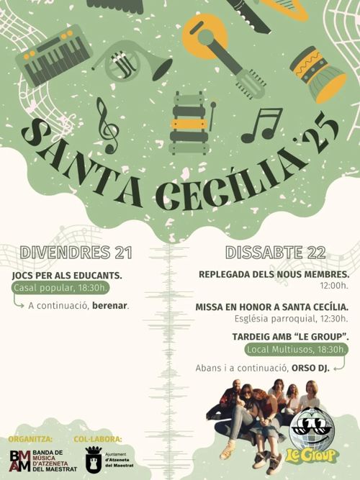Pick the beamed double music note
[262, 125]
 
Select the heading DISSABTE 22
[276, 253]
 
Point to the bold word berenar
[109, 306]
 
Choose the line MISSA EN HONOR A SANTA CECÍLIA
[271, 307]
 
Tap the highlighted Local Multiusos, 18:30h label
[296, 350]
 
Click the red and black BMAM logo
[20, 460]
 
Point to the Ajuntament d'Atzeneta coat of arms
[94, 459]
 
